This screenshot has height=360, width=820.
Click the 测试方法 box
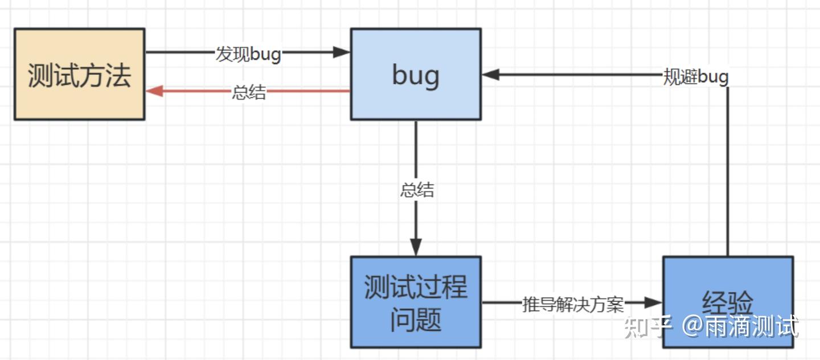tap(79, 74)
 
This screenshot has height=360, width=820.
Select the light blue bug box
tap(415, 74)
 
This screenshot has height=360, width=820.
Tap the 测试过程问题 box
tap(415, 302)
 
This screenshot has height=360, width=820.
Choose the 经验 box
tap(728, 285)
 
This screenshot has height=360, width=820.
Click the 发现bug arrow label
tap(248, 54)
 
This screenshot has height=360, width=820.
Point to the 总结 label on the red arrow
tap(249, 92)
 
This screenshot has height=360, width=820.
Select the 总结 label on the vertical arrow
tap(417, 190)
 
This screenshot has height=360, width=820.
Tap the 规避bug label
tap(696, 76)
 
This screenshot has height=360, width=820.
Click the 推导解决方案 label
tap(573, 304)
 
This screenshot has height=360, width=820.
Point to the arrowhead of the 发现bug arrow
tap(341, 52)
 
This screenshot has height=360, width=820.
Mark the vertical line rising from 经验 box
tap(728, 171)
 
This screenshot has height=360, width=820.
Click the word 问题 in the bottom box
tap(415, 320)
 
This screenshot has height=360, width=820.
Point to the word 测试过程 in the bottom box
tap(415, 287)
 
